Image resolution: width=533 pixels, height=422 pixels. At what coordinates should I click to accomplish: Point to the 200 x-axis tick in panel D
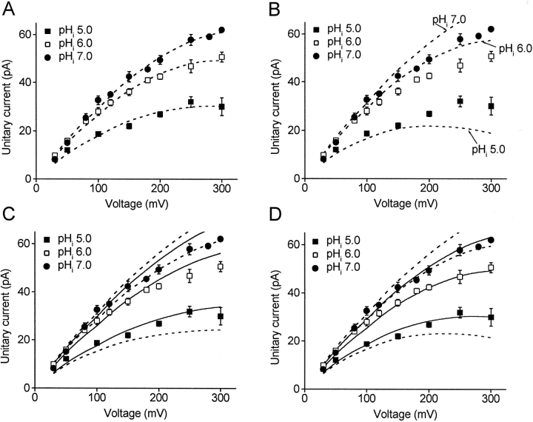click(429, 397)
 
